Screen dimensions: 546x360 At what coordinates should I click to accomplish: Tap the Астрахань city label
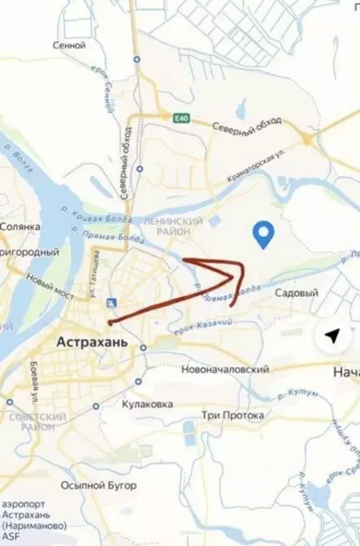coord(93,342)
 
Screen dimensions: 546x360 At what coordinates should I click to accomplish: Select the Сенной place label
coord(69,45)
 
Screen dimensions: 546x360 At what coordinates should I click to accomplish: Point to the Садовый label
coord(296,293)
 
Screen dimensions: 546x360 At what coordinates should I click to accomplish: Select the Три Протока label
coord(233,415)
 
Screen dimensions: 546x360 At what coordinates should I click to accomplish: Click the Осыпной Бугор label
coord(98,486)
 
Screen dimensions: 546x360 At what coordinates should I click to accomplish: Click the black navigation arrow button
coord(332,336)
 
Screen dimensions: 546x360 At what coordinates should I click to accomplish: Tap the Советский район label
coord(28,421)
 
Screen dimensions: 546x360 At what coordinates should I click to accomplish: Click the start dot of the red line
coord(110,322)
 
